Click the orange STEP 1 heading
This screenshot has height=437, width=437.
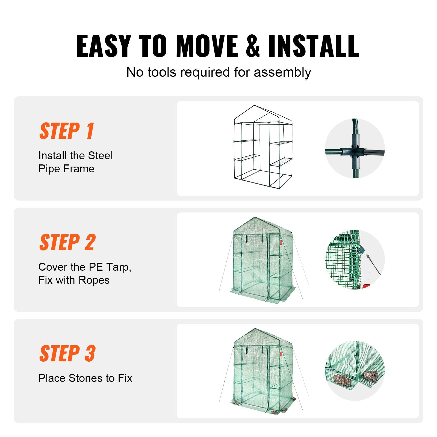click(x=67, y=131)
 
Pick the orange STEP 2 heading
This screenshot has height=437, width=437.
click(x=67, y=242)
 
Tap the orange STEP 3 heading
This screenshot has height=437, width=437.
click(x=67, y=353)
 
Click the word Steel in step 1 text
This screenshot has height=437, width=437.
click(x=100, y=156)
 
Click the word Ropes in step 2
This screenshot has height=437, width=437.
click(x=94, y=280)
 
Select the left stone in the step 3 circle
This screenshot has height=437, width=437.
click(x=342, y=380)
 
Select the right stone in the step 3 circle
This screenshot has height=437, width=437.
click(x=370, y=376)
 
